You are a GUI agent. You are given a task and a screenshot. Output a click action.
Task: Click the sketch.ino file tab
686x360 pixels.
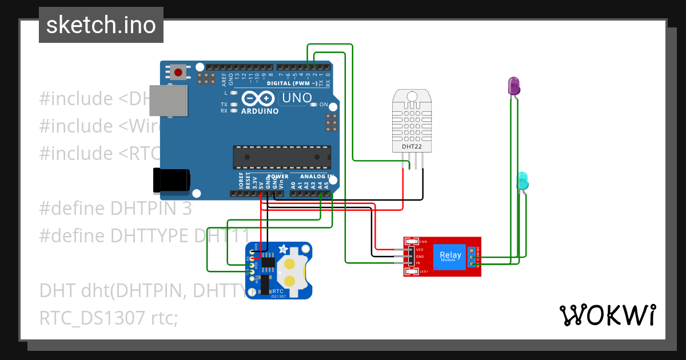click(101, 25)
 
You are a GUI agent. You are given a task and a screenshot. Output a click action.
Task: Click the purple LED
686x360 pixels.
click(514, 86)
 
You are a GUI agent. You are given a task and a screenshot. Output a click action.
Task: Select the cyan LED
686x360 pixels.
click(523, 181)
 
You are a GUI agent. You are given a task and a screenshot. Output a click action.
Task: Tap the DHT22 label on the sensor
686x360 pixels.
click(412, 146)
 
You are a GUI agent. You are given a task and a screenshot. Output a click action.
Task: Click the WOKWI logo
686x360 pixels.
click(607, 315)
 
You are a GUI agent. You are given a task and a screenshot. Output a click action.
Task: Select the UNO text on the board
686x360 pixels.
click(296, 98)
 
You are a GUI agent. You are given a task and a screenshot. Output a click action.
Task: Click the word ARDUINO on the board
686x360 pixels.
click(260, 111)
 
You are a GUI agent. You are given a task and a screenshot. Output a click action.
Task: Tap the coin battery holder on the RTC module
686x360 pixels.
click(291, 272)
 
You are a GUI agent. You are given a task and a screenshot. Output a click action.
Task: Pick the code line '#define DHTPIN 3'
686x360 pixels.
click(115, 209)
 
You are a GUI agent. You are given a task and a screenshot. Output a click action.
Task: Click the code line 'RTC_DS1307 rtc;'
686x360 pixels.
click(109, 318)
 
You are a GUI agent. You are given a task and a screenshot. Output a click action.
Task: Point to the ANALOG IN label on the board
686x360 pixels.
click(316, 177)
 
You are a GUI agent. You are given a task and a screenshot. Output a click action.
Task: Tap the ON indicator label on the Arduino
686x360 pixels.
click(324, 105)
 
